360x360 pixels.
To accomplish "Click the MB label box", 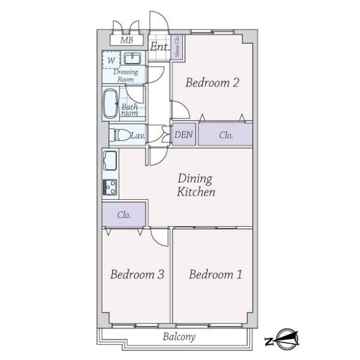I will click(x=127, y=40).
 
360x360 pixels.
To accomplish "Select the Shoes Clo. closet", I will click(x=178, y=46).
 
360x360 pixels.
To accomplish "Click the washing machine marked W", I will click(x=111, y=60).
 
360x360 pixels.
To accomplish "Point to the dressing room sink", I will click(x=133, y=58).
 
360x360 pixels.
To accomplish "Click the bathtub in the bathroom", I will click(x=110, y=104).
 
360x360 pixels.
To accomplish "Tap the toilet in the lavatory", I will click(x=121, y=135).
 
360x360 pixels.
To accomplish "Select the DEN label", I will click(x=184, y=135).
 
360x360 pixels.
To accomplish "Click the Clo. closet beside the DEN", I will click(x=226, y=135).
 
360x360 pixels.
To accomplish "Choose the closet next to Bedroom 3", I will click(x=124, y=214).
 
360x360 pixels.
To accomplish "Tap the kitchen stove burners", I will click(x=110, y=187).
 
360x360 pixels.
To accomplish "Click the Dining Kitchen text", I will click(x=196, y=185).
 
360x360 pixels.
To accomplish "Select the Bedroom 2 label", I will click(x=212, y=83).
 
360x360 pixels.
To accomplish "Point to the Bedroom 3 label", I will click(x=137, y=275).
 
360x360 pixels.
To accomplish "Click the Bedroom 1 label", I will click(x=215, y=275).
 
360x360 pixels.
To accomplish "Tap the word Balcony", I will click(x=179, y=337).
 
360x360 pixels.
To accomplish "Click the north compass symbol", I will click(x=283, y=340).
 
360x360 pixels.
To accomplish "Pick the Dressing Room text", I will click(x=126, y=76).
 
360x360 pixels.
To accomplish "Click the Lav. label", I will click(x=137, y=136).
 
